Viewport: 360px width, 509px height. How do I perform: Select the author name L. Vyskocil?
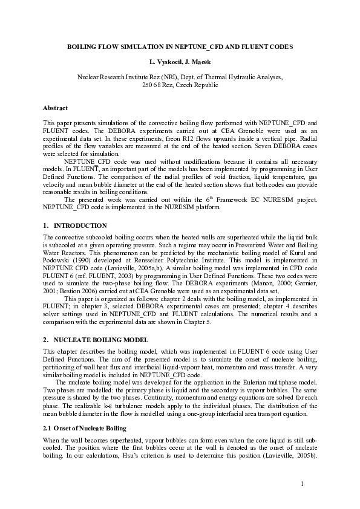coord(167,62)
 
